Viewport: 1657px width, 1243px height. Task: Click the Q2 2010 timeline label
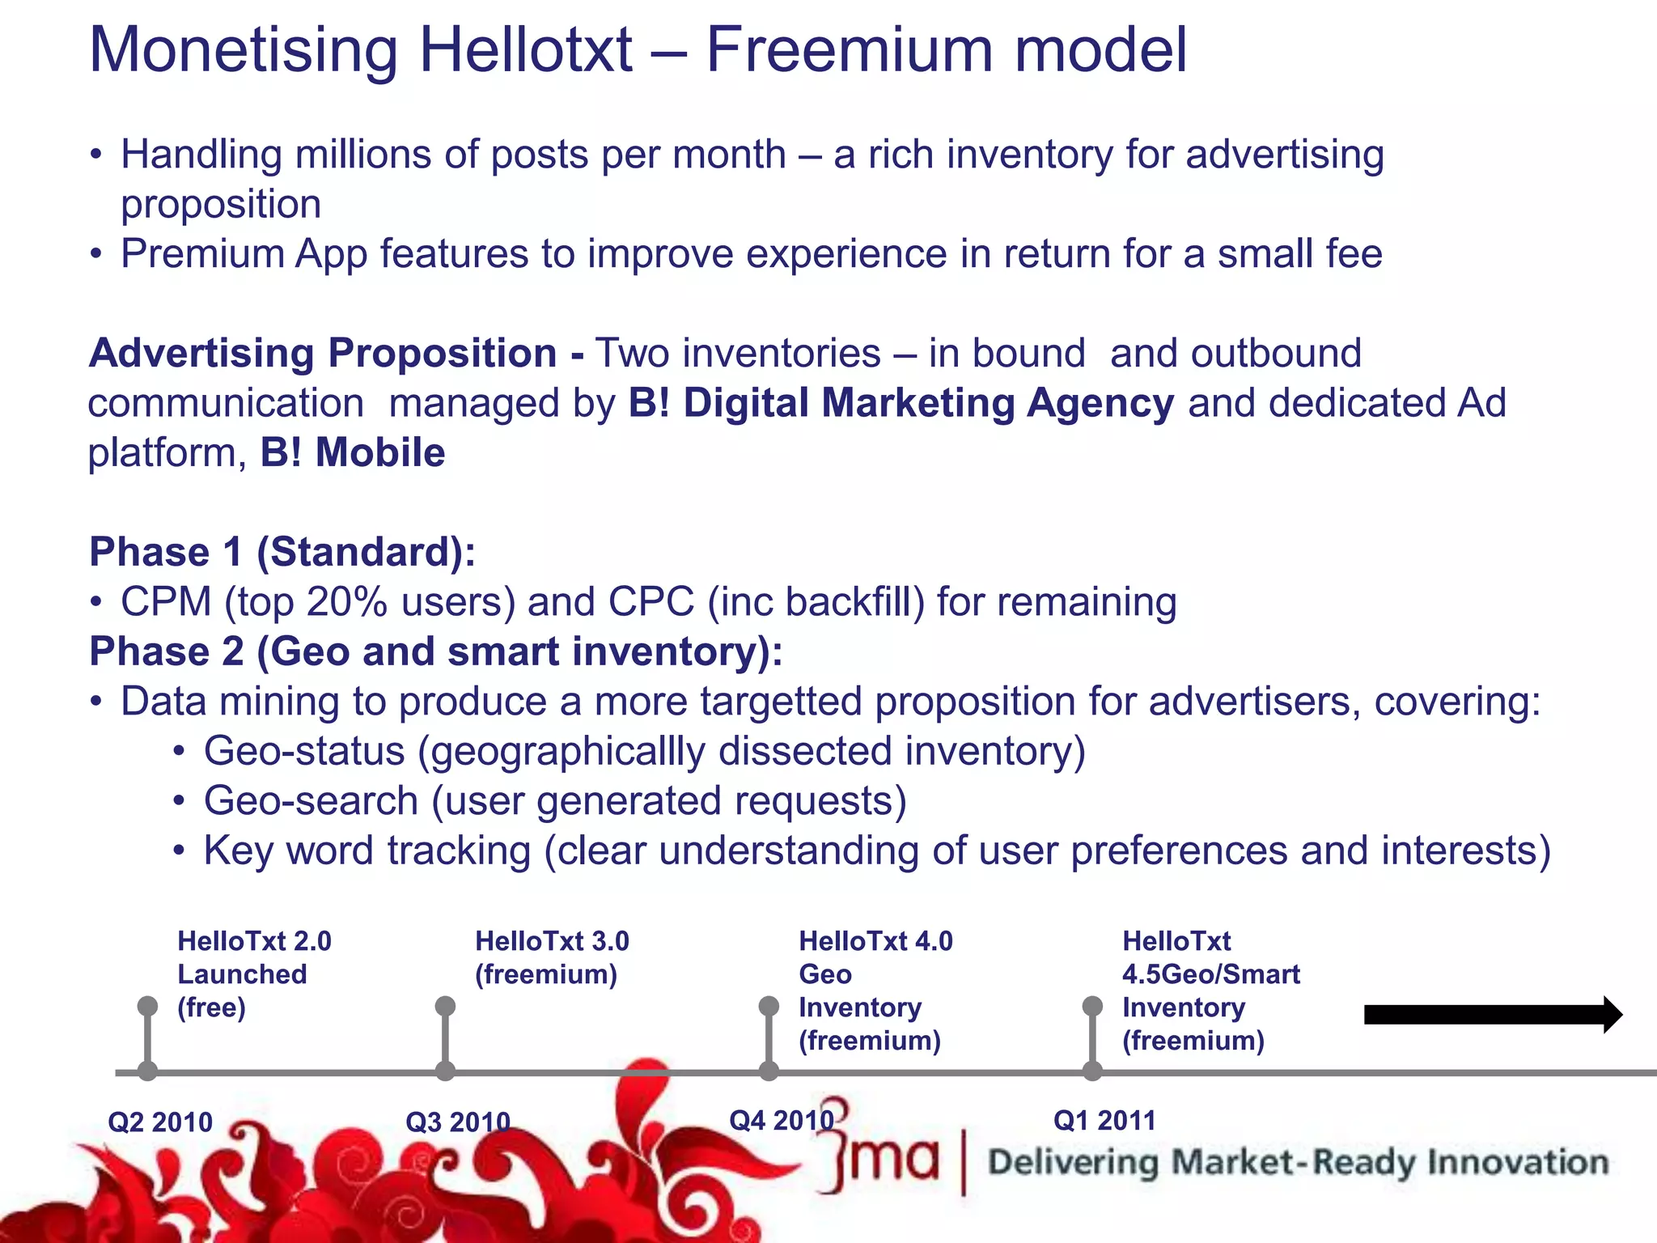click(160, 1122)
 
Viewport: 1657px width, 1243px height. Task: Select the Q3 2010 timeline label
click(458, 1122)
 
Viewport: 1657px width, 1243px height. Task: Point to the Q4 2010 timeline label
click(781, 1121)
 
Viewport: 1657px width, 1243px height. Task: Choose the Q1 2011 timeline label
click(1104, 1121)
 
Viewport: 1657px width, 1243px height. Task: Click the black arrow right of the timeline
click(1493, 1015)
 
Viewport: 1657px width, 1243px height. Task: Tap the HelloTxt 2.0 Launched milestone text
click(254, 974)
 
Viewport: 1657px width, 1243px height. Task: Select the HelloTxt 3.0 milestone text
click(552, 957)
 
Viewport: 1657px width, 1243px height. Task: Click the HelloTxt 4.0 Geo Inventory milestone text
click(875, 991)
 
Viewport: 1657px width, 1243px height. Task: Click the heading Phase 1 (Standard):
click(282, 552)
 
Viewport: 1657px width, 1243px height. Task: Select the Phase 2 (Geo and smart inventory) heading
click(436, 651)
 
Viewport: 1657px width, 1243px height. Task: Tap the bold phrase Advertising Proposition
click(323, 354)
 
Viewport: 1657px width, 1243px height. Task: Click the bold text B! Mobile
click(353, 452)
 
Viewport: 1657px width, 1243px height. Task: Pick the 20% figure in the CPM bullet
click(347, 602)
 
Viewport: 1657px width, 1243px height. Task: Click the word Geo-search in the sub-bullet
click(311, 801)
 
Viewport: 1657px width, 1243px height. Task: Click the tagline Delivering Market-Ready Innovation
click(1298, 1162)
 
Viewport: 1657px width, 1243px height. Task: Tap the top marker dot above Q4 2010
click(769, 1006)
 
